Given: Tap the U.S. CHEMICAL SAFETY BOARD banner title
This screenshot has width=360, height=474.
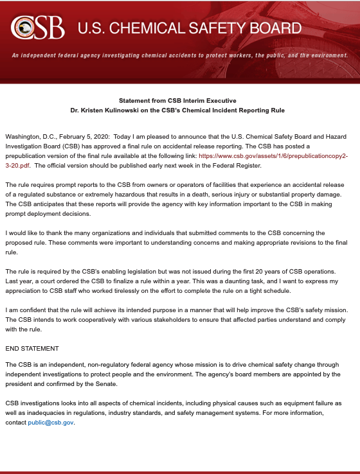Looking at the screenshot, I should tap(189, 28).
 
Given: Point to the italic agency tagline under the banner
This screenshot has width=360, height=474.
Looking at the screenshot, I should tap(179, 55).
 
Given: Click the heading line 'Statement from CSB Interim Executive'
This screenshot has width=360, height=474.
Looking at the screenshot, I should tap(177, 101).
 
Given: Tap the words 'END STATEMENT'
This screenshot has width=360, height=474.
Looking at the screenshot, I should tap(32, 349).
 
